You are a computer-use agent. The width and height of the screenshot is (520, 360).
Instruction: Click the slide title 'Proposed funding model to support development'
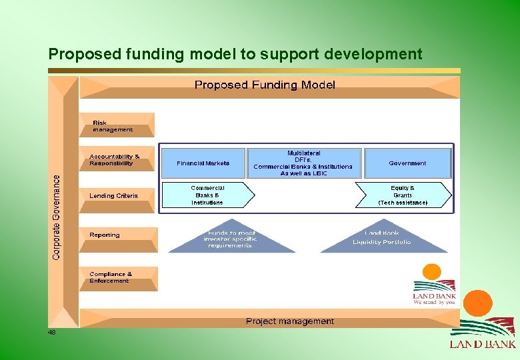(x=235, y=54)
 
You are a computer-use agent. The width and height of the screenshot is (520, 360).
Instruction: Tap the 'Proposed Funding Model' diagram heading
(x=265, y=85)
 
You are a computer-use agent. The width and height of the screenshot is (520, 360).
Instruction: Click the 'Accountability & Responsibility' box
(x=117, y=159)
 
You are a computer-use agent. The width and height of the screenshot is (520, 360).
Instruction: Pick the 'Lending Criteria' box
(x=116, y=196)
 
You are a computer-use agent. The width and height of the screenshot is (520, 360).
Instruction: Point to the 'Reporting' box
(x=116, y=235)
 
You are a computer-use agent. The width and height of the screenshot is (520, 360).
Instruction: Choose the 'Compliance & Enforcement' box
(x=116, y=277)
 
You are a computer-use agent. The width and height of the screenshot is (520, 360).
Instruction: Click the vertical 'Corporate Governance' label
(x=56, y=217)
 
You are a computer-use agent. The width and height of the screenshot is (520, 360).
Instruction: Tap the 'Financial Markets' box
(x=203, y=163)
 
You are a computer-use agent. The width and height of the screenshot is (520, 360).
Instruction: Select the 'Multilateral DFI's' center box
(x=303, y=163)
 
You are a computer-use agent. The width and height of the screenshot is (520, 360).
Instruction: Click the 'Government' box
(x=407, y=163)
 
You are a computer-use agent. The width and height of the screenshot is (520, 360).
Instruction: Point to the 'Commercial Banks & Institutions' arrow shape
(x=207, y=195)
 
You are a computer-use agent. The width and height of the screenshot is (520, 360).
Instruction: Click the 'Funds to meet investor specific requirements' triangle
(x=231, y=239)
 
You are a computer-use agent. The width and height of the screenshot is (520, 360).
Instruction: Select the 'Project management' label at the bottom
(x=290, y=321)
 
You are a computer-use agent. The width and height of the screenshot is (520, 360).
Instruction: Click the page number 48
(x=51, y=332)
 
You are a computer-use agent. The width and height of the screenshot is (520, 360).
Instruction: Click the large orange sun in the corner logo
(x=477, y=303)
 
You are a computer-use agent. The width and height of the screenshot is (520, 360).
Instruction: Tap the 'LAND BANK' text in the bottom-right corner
(x=483, y=344)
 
